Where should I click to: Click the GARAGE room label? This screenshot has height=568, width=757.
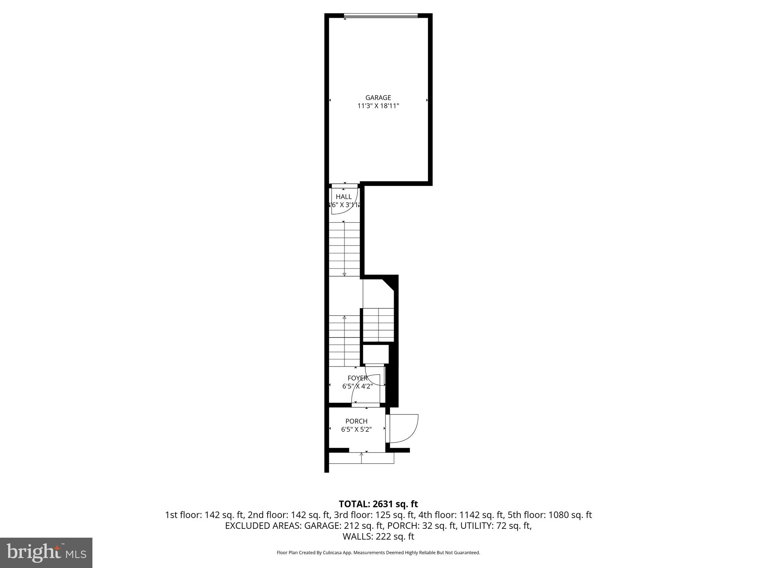point(378,98)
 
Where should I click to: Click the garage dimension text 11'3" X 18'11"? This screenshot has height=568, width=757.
point(378,106)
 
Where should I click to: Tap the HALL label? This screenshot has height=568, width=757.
point(344,197)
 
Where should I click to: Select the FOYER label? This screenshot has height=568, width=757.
point(357,378)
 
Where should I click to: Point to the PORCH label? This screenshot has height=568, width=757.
point(356,421)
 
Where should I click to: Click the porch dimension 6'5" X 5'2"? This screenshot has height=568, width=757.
point(356,429)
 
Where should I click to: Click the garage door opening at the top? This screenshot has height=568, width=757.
point(381,16)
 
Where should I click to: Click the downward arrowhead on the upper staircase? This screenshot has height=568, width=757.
point(344,274)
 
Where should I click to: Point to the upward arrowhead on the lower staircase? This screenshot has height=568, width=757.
point(344,317)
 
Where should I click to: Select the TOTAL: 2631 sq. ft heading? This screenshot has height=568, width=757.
point(378,504)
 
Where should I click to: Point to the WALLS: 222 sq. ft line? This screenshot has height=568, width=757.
point(378,536)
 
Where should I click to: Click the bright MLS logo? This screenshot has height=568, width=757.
point(46,553)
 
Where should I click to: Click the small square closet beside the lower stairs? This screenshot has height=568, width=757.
point(376,354)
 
